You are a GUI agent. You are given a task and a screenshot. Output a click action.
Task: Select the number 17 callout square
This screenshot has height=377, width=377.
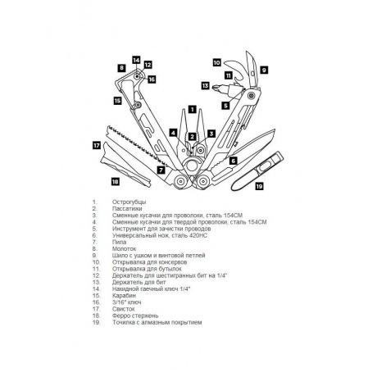point(96,146)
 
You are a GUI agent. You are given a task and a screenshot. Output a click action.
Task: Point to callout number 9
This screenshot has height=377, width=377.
point(265,70)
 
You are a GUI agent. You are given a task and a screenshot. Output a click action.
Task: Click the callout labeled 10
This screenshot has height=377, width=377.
point(217,61)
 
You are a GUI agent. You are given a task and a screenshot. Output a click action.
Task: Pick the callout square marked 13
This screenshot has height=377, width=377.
point(205,84)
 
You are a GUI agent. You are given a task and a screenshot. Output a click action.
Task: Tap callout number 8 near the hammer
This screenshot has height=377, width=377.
point(120,68)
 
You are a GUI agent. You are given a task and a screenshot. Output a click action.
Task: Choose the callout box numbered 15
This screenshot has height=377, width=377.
point(118,101)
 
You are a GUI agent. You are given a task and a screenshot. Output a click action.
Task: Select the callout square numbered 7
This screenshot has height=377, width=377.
point(160,170)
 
